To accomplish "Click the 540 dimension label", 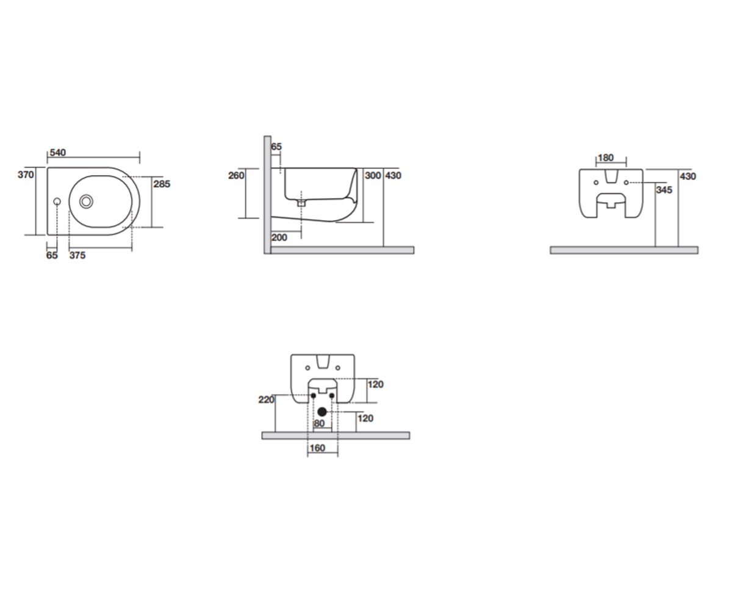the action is point(58,153).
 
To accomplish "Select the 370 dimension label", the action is point(26,174).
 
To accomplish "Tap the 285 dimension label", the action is point(162,184).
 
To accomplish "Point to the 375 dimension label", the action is point(77,255).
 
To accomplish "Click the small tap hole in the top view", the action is point(57,201).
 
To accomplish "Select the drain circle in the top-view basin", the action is point(86,201).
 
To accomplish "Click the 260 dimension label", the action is point(236,175).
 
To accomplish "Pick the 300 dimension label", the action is point(373,175).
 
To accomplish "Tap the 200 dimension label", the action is point(279,238).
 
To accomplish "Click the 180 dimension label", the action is point(606,158).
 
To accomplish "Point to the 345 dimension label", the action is point(664,190).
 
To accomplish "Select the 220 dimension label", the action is point(267,400).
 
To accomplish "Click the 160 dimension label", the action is point(317,448).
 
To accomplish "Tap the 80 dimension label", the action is point(320,423).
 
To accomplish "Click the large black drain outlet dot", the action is point(322,412).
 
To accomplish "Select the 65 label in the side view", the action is point(276,147).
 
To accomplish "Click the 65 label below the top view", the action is point(52,255).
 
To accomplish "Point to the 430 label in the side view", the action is point(393,175).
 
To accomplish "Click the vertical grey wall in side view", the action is point(268,195).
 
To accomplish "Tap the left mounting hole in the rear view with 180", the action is point(596,182).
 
